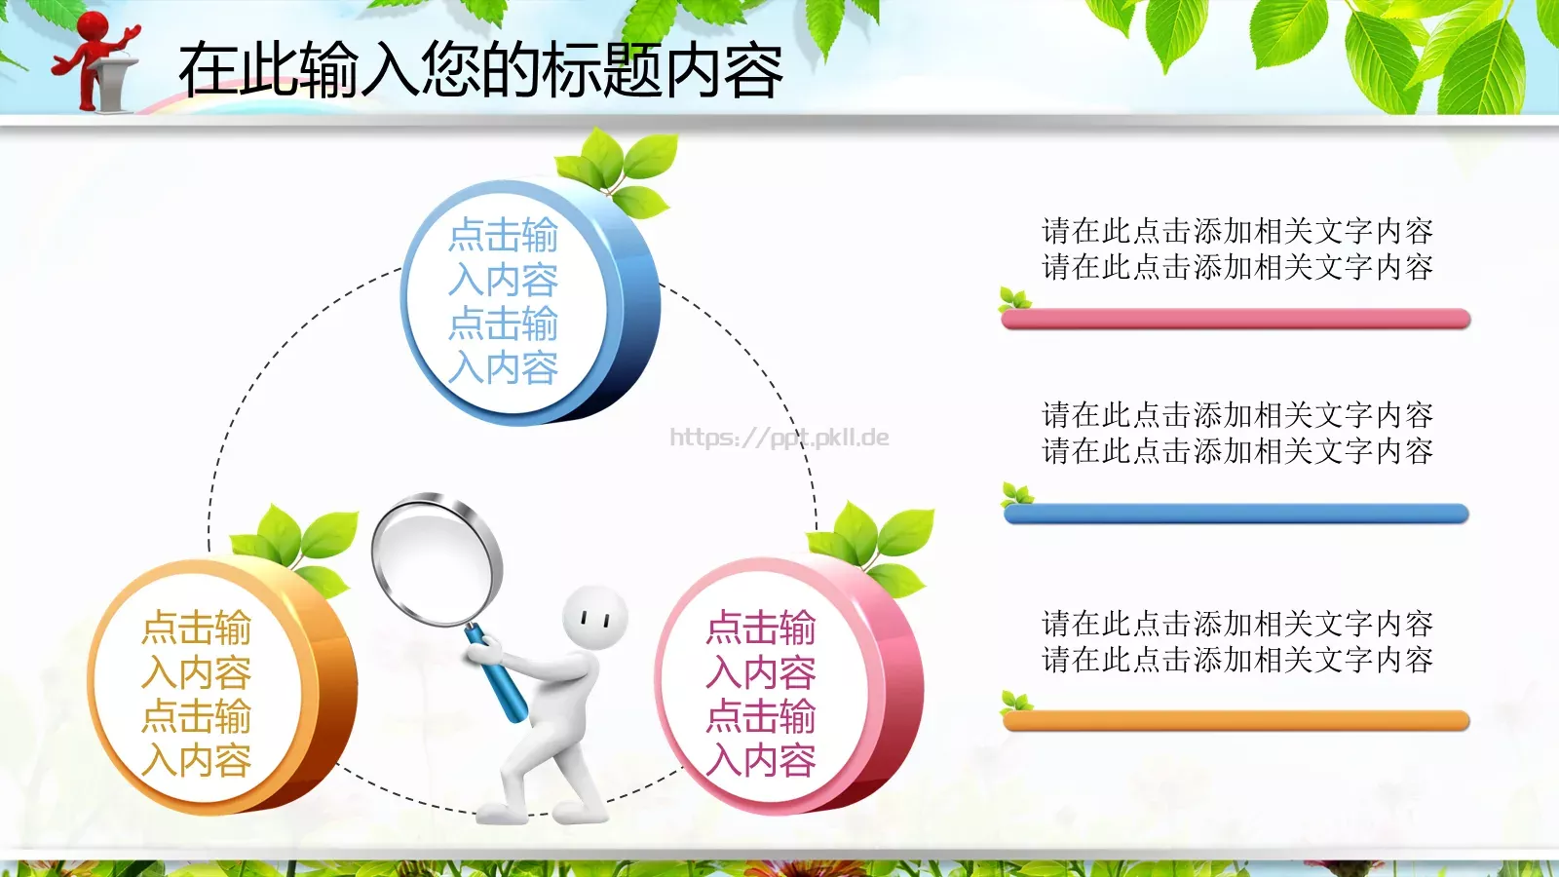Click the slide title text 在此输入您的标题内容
480,70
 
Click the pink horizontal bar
1236,319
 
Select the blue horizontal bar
1236,514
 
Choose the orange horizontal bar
1236,721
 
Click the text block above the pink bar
1237,248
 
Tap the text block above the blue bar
1237,433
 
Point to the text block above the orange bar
1237,641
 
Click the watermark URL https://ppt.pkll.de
779,438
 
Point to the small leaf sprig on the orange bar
1016,701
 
